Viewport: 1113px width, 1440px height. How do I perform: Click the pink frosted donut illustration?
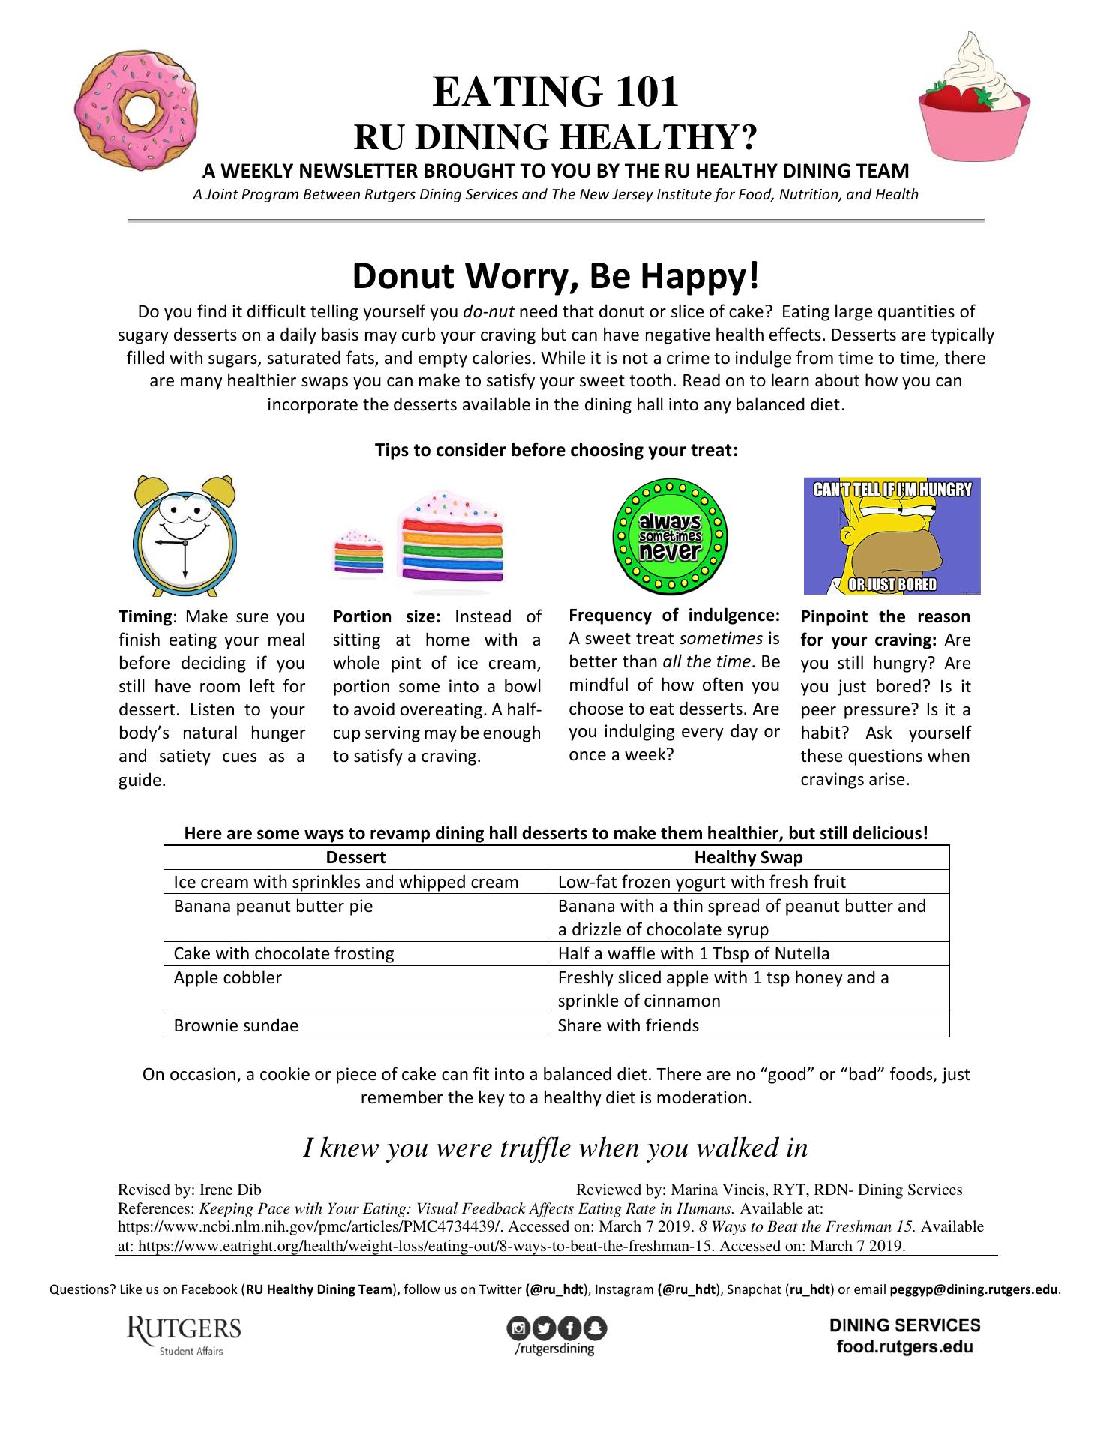(x=136, y=109)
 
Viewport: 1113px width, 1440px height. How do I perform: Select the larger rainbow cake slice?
(x=451, y=538)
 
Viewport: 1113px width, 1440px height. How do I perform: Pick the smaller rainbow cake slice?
(x=358, y=553)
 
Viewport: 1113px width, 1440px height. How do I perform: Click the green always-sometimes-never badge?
(x=670, y=536)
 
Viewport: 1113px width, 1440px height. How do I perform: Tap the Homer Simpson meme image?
(x=892, y=536)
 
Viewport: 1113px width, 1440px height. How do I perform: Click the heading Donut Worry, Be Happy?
(x=556, y=275)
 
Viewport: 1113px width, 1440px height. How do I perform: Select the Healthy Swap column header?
(x=748, y=857)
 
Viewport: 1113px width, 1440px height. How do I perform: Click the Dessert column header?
(x=355, y=857)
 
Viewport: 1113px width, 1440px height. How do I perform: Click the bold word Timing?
(x=145, y=616)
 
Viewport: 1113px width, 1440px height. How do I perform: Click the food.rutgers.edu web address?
(x=904, y=1346)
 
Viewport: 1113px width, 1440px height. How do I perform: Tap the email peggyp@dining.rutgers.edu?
(x=973, y=1289)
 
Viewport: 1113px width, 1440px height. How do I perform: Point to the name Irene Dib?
(x=230, y=1189)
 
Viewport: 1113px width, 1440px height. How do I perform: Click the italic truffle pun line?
(x=556, y=1147)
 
